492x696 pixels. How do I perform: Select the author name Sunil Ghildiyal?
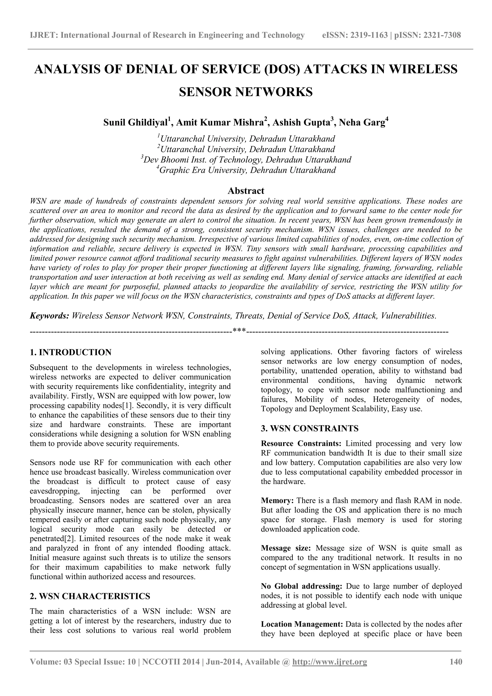(136, 123)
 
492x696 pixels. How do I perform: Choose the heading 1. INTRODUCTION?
(71, 352)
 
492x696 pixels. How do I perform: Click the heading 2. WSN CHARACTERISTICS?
(90, 596)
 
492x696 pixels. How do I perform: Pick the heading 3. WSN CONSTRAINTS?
(310, 428)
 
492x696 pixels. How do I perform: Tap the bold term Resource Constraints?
(301, 443)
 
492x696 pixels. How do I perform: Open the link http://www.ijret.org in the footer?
(329, 662)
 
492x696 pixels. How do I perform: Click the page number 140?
(456, 662)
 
